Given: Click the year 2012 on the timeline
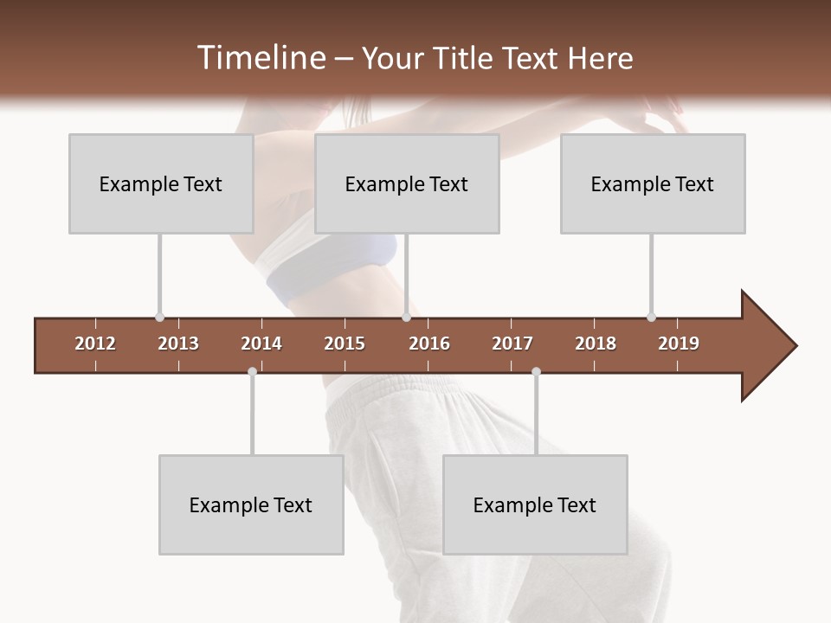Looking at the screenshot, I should (95, 344).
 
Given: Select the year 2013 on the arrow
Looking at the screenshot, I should (178, 344).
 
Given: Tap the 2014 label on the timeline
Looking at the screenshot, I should (261, 344).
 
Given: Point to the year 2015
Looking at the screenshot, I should (345, 344).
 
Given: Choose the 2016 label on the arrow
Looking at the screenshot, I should (429, 344).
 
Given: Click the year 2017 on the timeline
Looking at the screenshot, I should (512, 344).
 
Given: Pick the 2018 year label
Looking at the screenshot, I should (596, 344).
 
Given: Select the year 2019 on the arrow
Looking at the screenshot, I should (679, 344).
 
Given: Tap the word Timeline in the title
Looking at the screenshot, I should (259, 58).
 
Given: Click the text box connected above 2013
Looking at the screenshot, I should (161, 183).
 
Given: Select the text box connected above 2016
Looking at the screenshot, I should (407, 183).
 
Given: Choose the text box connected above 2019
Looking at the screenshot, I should (653, 183).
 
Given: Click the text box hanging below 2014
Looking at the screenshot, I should (251, 504).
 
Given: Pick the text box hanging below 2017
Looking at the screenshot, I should (535, 504).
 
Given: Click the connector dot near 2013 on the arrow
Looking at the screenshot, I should (159, 318).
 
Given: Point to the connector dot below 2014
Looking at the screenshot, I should (252, 371).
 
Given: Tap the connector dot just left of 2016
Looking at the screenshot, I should (406, 318).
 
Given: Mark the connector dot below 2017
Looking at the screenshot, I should (536, 371).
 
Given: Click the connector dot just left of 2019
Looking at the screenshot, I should (651, 318).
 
